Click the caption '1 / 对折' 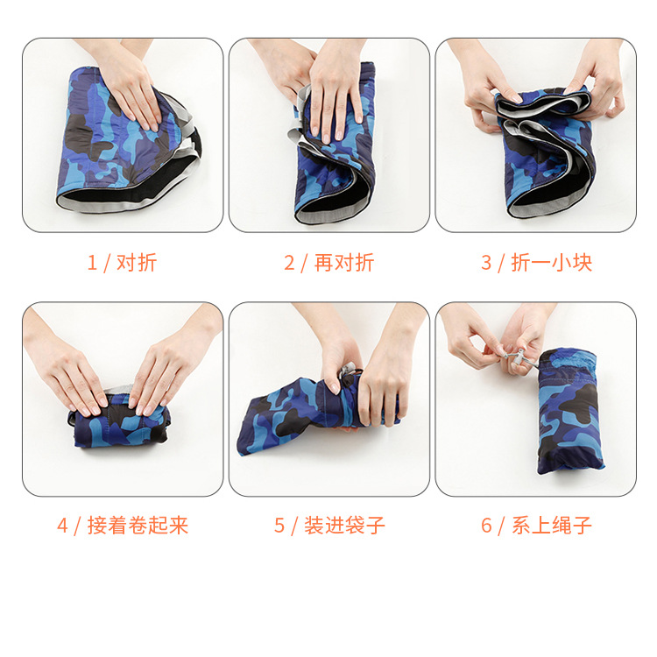click(122, 262)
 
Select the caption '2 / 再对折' click(328, 262)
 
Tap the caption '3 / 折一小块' click(536, 262)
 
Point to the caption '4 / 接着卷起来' click(123, 525)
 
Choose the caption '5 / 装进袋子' click(329, 525)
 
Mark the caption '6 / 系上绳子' click(536, 525)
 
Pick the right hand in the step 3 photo click(596, 83)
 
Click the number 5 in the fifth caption click(279, 525)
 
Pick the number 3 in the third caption click(486, 262)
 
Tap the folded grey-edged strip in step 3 click(539, 104)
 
